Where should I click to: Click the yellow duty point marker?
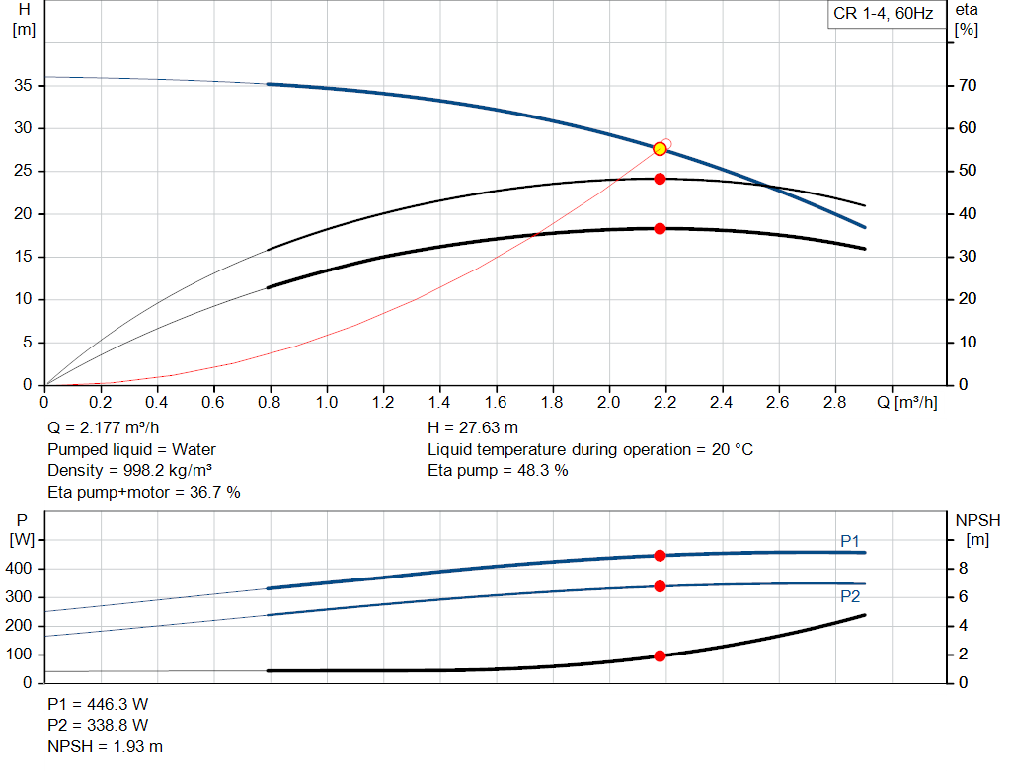(x=660, y=149)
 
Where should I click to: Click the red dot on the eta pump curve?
(x=660, y=179)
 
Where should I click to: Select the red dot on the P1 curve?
(x=660, y=556)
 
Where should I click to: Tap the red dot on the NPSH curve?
(x=660, y=656)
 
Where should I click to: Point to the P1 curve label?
(x=850, y=541)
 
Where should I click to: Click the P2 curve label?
(x=850, y=596)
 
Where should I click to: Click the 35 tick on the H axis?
(x=23, y=85)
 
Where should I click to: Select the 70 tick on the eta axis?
(x=968, y=85)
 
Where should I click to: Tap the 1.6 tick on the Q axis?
(x=496, y=402)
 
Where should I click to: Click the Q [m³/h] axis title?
(x=906, y=402)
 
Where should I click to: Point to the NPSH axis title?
(x=977, y=530)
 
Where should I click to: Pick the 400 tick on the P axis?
(x=18, y=569)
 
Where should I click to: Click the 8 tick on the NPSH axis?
(x=963, y=569)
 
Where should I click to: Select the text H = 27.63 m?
(x=473, y=428)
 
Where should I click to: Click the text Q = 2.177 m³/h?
(x=103, y=428)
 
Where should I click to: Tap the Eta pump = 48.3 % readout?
(x=498, y=471)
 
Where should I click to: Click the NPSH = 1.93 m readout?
(x=105, y=746)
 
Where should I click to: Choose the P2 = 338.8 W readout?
(x=98, y=726)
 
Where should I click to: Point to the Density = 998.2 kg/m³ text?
(x=129, y=471)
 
